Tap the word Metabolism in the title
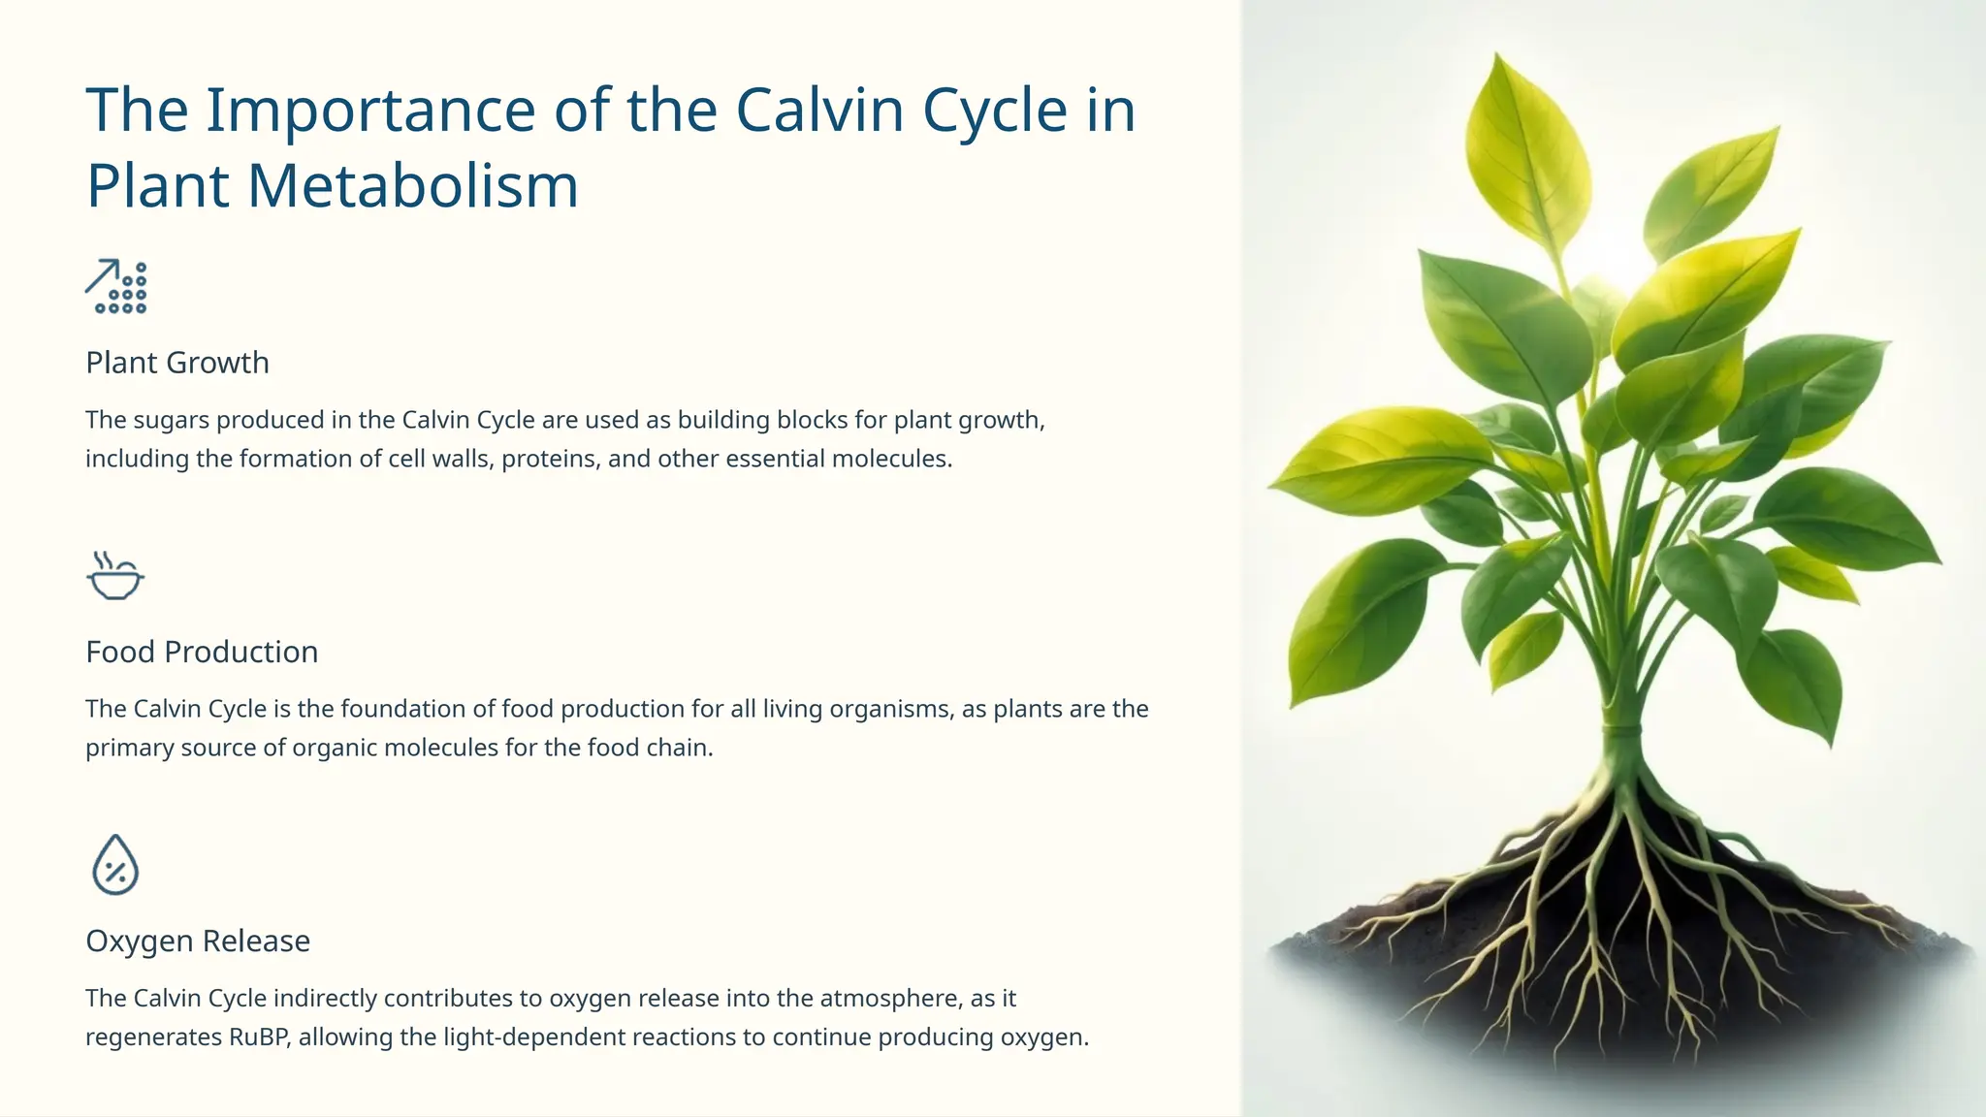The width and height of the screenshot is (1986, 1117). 413,185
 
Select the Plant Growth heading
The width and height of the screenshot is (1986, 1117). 177,363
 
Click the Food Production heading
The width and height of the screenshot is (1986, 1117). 202,652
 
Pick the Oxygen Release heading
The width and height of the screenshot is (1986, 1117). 198,941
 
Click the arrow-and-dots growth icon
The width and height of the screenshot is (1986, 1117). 115,287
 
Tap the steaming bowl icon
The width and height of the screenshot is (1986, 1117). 114,576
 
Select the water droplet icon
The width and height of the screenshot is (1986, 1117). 115,865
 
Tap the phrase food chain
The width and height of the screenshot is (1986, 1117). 650,748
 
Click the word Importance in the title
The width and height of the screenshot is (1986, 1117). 370,110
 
